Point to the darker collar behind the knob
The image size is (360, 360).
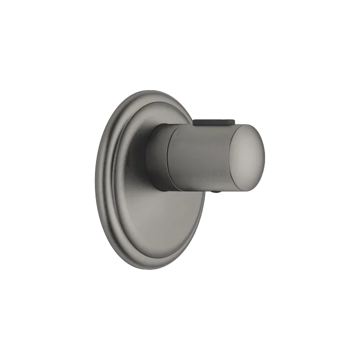(x=158, y=154)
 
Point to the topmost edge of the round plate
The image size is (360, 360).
(x=147, y=91)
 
